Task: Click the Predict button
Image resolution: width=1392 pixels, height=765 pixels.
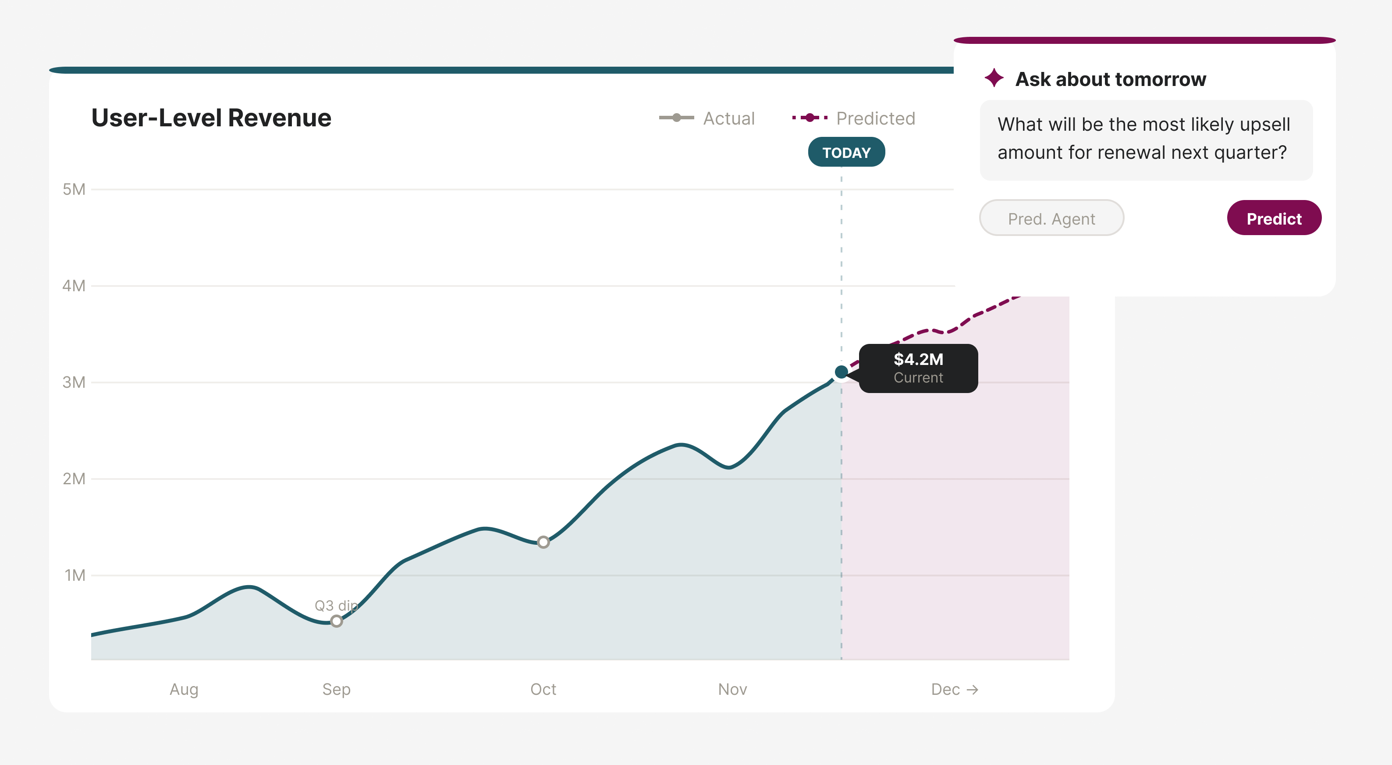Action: pyautogui.click(x=1274, y=218)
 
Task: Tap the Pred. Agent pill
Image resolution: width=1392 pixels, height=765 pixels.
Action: pyautogui.click(x=1051, y=218)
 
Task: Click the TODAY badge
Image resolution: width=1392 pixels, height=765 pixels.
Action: pyautogui.click(x=846, y=153)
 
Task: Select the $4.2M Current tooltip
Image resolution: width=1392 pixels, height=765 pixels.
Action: pyautogui.click(x=918, y=368)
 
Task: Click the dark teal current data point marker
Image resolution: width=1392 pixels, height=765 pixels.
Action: pyautogui.click(x=841, y=372)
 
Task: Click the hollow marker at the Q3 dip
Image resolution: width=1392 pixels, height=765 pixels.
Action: pyautogui.click(x=336, y=621)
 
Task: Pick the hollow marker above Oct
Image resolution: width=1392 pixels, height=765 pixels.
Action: pyautogui.click(x=543, y=542)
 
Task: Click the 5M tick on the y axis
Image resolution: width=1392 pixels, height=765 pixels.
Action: pyautogui.click(x=74, y=189)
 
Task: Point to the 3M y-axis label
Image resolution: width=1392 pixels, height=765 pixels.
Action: pyautogui.click(x=74, y=382)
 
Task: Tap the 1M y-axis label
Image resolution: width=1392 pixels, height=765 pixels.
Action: pyautogui.click(x=75, y=575)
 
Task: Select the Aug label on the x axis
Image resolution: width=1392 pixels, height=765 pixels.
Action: pyautogui.click(x=184, y=689)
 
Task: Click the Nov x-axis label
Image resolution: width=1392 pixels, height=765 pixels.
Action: pyautogui.click(x=732, y=689)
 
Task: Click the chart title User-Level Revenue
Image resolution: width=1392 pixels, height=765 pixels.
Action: pyautogui.click(x=211, y=118)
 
